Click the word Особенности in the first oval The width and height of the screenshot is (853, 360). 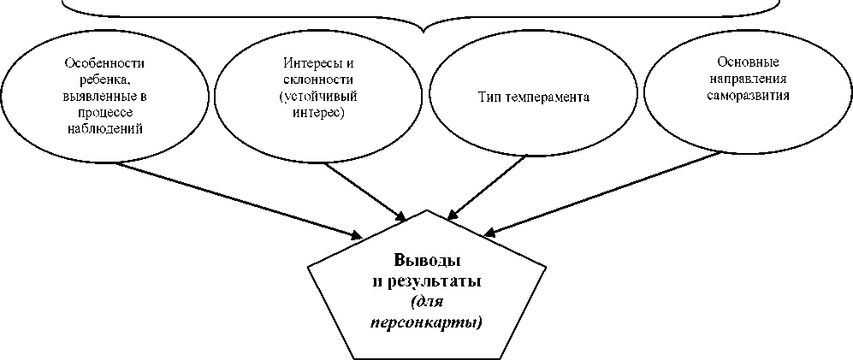tap(104, 63)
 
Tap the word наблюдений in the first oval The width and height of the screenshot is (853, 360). tap(104, 128)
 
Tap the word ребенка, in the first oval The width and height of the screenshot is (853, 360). tap(104, 80)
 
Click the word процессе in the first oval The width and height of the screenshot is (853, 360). tap(104, 112)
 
